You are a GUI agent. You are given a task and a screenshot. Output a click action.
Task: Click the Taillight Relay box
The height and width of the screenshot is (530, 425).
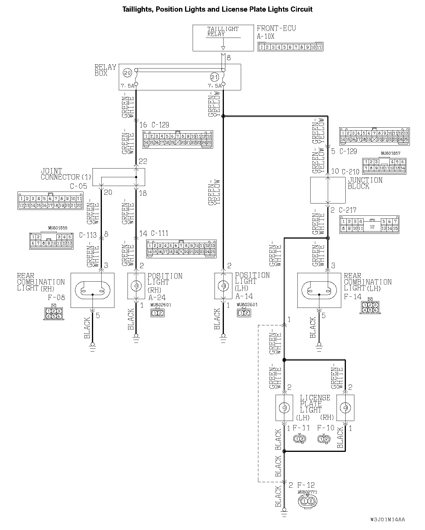223,38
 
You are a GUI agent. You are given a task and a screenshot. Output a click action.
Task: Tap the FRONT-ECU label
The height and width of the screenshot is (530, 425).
276,28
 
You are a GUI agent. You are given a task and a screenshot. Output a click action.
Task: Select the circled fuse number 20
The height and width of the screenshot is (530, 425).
127,73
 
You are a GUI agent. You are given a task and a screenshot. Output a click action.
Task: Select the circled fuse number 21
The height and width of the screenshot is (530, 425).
215,78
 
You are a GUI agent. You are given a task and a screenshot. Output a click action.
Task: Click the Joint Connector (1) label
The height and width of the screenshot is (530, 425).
66,174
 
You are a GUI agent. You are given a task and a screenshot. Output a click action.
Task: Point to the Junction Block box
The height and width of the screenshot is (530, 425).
328,190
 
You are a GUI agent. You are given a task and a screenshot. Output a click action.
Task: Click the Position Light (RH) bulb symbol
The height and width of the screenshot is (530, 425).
136,286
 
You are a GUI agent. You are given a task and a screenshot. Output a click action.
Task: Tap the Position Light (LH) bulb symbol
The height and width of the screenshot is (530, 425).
223,286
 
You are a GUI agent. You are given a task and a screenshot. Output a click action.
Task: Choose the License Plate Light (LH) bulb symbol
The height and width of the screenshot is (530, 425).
284,408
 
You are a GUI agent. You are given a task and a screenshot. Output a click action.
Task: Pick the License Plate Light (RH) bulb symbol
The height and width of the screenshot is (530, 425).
345,408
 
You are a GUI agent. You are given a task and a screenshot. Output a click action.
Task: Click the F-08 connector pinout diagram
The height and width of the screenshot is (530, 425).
53,313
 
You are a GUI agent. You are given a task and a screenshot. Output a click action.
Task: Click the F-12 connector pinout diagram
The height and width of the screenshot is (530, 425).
307,501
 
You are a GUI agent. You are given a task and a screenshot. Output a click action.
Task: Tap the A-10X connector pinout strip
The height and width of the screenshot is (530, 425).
290,47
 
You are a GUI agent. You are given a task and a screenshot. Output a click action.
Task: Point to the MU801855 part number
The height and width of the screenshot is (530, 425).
58,228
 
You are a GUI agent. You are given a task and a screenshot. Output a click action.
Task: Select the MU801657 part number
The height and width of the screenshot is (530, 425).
391,153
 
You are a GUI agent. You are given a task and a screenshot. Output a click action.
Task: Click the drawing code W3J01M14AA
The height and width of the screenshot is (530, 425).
388,520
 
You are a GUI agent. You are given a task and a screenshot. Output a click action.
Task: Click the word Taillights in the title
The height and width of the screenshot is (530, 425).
138,9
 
